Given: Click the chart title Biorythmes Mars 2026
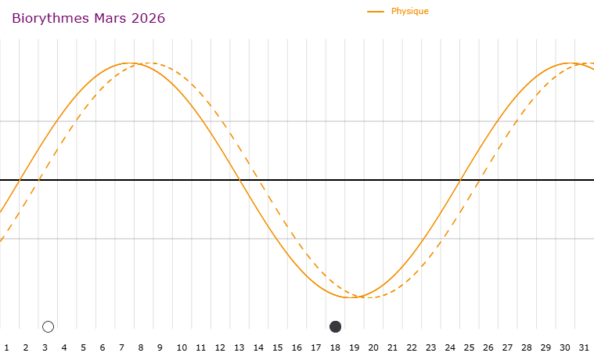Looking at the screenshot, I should tap(88, 18).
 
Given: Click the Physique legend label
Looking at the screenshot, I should tap(410, 11).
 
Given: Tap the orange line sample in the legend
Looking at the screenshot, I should tap(376, 12).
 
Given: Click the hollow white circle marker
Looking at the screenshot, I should tap(48, 326).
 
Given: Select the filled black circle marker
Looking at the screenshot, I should tap(336, 326).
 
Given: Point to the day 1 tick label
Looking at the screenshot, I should tap(6, 347).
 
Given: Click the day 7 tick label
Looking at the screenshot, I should tap(121, 347).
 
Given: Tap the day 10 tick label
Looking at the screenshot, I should tap(182, 347).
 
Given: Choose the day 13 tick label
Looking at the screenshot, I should tap(239, 347).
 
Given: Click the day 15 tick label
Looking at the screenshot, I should tap(278, 347).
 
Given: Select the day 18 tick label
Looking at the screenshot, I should tap(335, 347).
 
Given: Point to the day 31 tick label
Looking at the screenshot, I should tap(584, 347).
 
